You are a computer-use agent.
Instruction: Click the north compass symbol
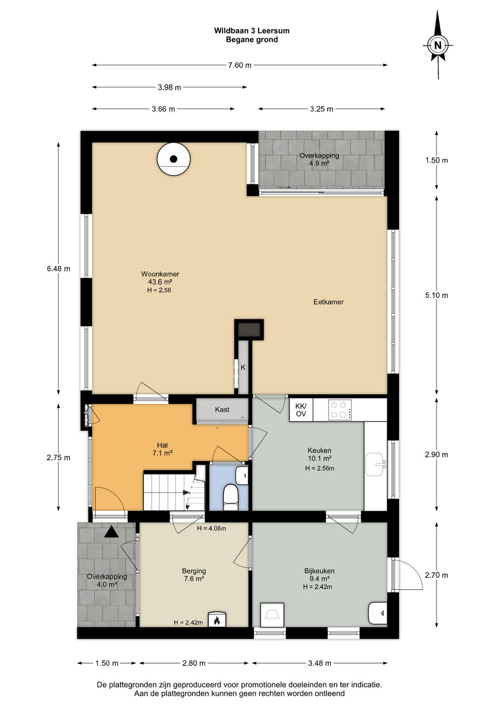pyautogui.click(x=438, y=45)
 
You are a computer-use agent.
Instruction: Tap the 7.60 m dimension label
pyautogui.click(x=240, y=65)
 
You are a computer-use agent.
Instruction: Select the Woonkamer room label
pyautogui.click(x=160, y=274)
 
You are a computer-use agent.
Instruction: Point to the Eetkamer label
pyautogui.click(x=328, y=302)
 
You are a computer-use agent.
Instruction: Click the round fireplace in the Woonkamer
pyautogui.click(x=174, y=159)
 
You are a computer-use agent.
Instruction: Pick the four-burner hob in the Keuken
pyautogui.click(x=340, y=410)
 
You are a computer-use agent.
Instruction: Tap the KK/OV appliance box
pyautogui.click(x=301, y=410)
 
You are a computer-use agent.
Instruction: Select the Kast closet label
pyautogui.click(x=222, y=410)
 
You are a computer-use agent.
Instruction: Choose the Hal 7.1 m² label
pyautogui.click(x=162, y=449)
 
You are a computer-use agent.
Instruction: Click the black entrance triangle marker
pyautogui.click(x=112, y=531)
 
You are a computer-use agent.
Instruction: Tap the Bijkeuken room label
pyautogui.click(x=319, y=571)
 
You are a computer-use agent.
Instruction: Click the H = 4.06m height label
pyautogui.click(x=212, y=528)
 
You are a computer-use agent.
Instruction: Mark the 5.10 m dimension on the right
pyautogui.click(x=437, y=295)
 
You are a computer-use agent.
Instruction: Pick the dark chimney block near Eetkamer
pyautogui.click(x=249, y=329)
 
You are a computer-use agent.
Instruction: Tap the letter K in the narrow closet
pyautogui.click(x=243, y=367)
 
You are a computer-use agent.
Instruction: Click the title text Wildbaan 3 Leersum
pyautogui.click(x=252, y=31)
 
